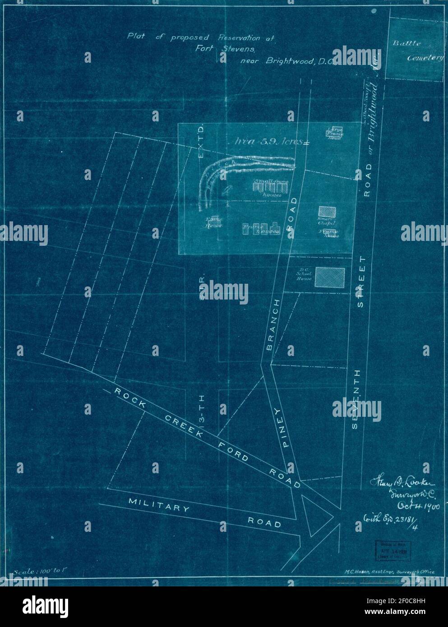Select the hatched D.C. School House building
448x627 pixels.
pos(329,277)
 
